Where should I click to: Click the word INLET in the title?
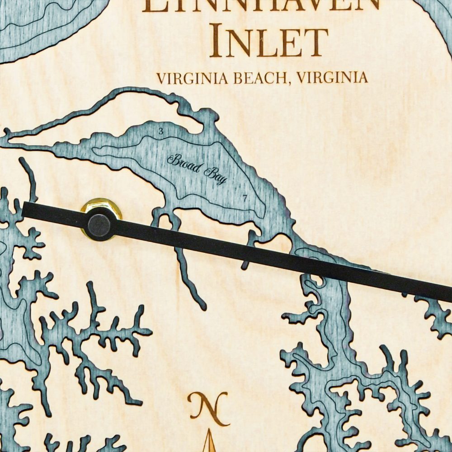268,42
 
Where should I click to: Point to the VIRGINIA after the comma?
330,78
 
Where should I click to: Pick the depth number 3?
160,132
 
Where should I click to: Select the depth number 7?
245,198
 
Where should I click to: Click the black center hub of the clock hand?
100,225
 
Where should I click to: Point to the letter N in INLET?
239,42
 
